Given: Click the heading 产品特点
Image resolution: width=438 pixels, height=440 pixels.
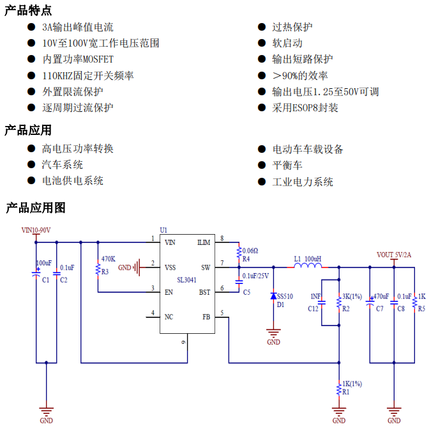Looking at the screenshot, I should (x=28, y=10).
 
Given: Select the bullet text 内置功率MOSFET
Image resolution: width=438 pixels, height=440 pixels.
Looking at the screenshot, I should (x=78, y=59).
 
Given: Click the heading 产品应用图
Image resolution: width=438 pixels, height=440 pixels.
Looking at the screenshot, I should (x=36, y=208).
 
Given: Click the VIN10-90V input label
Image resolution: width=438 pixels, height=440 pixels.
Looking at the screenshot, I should (x=36, y=230).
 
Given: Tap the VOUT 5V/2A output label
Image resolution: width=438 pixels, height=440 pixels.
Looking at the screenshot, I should (x=394, y=255).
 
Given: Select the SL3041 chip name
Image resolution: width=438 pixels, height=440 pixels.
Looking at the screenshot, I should (x=188, y=279).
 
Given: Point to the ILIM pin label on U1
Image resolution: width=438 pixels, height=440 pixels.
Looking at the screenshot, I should (x=204, y=242).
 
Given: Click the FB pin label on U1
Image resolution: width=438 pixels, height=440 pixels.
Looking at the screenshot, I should (x=206, y=317).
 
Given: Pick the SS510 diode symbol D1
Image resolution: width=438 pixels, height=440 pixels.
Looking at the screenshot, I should (x=274, y=296).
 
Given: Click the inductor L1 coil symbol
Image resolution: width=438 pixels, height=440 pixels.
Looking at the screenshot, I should (x=307, y=267).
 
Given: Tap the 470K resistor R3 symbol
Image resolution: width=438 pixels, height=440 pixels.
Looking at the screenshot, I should (x=98, y=271).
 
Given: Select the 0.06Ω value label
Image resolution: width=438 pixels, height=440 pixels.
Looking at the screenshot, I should (x=250, y=251).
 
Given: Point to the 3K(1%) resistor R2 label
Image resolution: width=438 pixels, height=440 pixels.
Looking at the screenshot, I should (x=352, y=297).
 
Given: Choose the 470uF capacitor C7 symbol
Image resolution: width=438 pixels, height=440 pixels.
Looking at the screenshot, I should (x=370, y=303).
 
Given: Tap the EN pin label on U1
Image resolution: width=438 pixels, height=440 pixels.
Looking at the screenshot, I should (x=169, y=292).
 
